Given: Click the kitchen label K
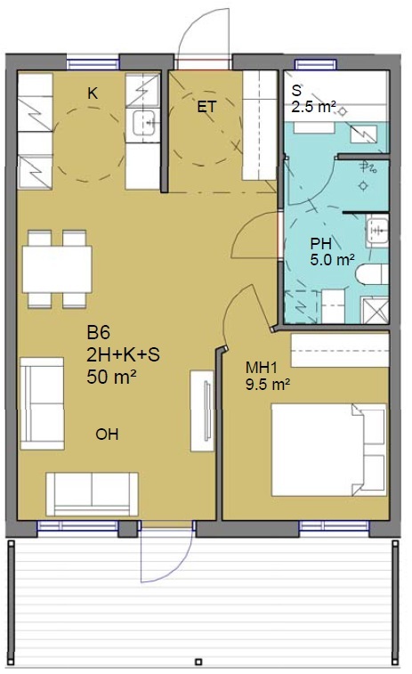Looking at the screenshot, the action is tap(93, 93).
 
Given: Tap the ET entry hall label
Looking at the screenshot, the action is tap(206, 107).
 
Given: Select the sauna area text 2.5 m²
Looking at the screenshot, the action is tap(312, 106).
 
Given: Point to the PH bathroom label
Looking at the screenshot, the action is tap(320, 244).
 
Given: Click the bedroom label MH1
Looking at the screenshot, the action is tap(262, 368).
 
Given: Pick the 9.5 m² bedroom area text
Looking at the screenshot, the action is tap(267, 384).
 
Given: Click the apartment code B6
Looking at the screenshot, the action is tap(99, 332).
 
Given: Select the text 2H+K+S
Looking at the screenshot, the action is tap(123, 354).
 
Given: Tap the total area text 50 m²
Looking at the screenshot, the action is tap(112, 377).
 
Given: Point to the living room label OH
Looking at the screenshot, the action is tap(107, 434).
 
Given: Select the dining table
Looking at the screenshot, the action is tap(57, 270).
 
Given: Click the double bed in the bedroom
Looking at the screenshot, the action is tap(328, 450).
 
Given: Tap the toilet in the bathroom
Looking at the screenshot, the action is tap(372, 274).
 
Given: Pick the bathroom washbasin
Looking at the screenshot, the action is tap(377, 231).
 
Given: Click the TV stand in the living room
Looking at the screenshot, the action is tap(202, 411).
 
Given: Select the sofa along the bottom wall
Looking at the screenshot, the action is tap(92, 494).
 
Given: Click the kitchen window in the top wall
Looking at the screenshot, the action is tap(93, 64).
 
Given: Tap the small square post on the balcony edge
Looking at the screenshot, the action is tap(198, 662).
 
